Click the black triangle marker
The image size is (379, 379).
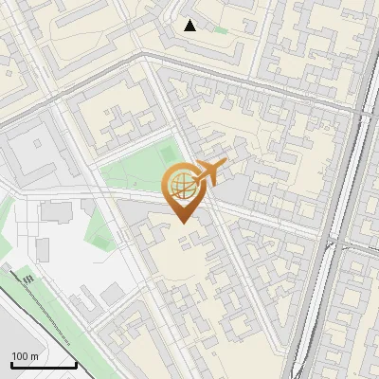tap(190, 26)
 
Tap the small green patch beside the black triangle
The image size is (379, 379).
tap(220, 29)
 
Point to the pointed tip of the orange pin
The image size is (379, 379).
tap(182, 223)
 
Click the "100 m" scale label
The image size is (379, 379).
tap(26, 356)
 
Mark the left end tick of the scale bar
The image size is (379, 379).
tap(10, 364)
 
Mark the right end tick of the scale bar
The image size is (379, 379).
tap(76, 364)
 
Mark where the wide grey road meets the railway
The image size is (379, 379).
tap(365, 111)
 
